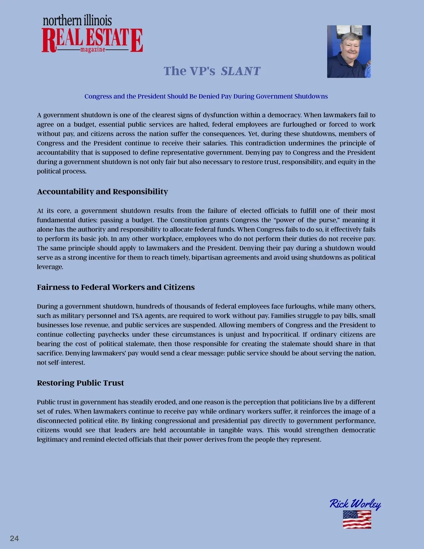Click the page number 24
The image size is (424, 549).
[14, 538]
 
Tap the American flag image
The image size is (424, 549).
[357, 519]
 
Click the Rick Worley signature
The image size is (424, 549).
[355, 504]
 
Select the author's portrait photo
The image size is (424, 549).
[349, 51]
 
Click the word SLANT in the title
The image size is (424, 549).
[241, 71]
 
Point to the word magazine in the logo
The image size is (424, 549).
[93, 50]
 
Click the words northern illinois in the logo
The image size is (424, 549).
[77, 21]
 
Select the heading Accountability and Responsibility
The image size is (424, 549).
[102, 192]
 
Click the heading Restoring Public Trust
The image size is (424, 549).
[80, 383]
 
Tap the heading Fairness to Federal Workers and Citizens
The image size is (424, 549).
[116, 287]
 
